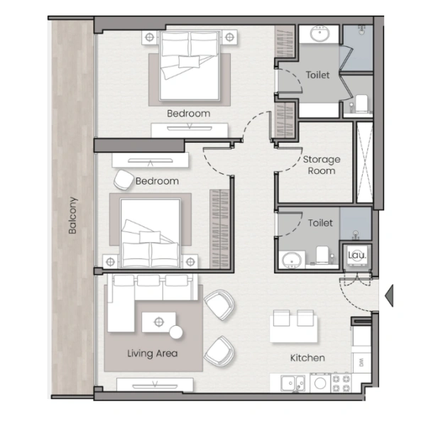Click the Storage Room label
tap(322, 165)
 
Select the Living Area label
tap(152, 353)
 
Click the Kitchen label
tap(307, 358)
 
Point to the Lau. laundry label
tap(356, 255)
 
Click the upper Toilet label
tap(317, 75)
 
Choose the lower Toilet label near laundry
tap(320, 223)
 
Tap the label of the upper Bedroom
tap(188, 114)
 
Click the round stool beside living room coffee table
tap(175, 332)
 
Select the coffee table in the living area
tap(158, 322)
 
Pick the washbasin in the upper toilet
tap(318, 34)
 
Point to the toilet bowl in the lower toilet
tap(322, 256)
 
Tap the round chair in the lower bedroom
tap(123, 179)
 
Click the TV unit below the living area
tap(155, 384)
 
